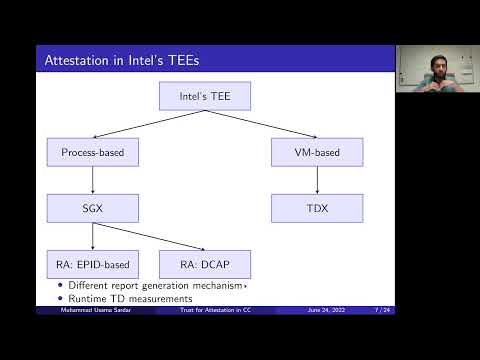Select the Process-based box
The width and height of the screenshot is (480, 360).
[92, 152]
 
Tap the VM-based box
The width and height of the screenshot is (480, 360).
[316, 152]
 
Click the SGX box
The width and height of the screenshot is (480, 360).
[92, 208]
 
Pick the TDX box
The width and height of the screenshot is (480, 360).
[316, 208]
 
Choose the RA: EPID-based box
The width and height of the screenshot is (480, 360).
[92, 264]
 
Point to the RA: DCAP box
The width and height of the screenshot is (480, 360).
[204, 264]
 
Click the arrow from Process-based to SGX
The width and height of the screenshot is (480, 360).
[92, 180]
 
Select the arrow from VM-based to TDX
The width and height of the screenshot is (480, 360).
[316, 180]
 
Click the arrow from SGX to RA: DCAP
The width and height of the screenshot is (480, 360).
[150, 237]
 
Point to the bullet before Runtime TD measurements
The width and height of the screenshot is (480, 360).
[60, 299]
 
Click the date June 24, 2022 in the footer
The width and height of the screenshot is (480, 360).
[326, 311]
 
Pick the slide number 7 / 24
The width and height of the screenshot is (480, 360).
[380, 311]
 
